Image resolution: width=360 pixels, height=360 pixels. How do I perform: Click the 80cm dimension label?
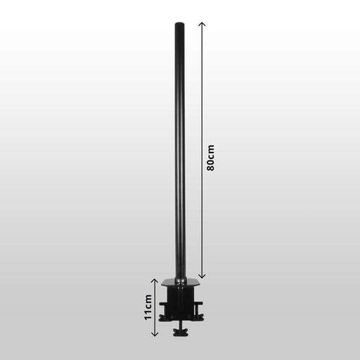coord(210,158)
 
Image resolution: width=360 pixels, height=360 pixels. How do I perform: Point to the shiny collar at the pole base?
coord(181,280)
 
